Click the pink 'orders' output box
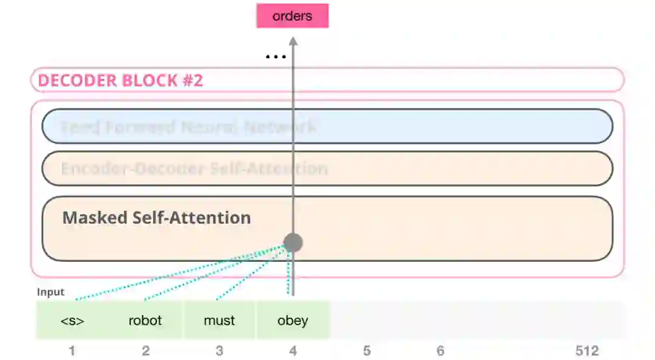coord(292,16)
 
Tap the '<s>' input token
coord(72,321)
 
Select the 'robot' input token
coord(146,320)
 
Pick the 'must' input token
coord(219,320)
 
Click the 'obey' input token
coord(292,320)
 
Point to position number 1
coord(72,351)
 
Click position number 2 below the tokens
coord(146,351)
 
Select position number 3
coord(219,351)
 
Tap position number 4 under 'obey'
coord(293,351)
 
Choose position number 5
coord(366,351)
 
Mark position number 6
coord(440,351)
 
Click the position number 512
coord(586,351)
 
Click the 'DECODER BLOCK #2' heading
coord(121,81)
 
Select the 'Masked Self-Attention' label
coord(156,218)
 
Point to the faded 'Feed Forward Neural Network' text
coord(188,127)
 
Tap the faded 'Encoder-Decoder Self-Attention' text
coord(194,168)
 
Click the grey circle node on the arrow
coord(293,243)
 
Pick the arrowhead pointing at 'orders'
coord(293,41)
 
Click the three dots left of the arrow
coord(276,58)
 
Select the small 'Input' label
coord(50,292)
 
